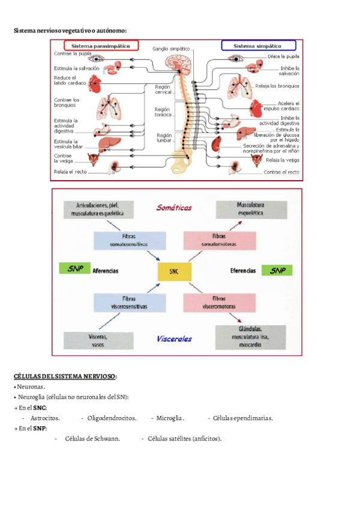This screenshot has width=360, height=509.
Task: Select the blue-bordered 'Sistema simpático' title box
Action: coord(259,46)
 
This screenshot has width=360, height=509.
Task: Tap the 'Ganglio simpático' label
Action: coord(171,48)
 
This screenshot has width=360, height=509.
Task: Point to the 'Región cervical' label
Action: coord(163,89)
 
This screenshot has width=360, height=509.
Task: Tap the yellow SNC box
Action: coord(175,272)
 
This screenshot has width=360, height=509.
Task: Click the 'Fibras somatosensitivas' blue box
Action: coord(129,241)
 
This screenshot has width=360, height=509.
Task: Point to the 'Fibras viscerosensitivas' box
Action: coord(129,302)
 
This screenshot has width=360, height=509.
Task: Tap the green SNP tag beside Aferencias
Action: coord(74,269)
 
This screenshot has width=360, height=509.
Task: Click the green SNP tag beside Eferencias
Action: coord(277,271)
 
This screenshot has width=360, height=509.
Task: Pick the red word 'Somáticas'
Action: coord(174,208)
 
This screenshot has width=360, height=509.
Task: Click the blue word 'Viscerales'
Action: coord(174,339)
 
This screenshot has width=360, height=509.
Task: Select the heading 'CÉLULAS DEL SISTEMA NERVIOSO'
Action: coord(65,376)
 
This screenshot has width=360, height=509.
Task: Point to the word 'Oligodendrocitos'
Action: coord(112,418)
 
